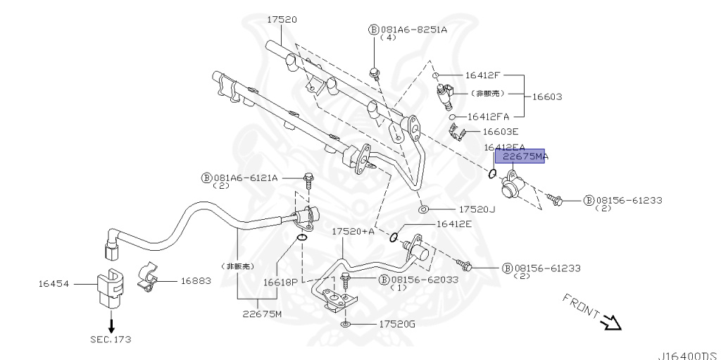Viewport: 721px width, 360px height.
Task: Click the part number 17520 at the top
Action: point(281,20)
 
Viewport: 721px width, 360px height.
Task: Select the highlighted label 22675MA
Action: point(525,157)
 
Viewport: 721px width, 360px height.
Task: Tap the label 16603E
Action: point(500,131)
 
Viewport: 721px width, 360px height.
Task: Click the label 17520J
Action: point(477,209)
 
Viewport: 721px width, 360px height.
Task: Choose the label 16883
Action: point(196,280)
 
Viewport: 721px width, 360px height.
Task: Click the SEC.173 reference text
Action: point(110,339)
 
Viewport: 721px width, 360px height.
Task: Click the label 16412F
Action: point(482,75)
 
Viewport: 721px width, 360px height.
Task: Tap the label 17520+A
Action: point(353,231)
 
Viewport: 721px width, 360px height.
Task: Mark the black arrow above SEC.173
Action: point(111,324)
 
